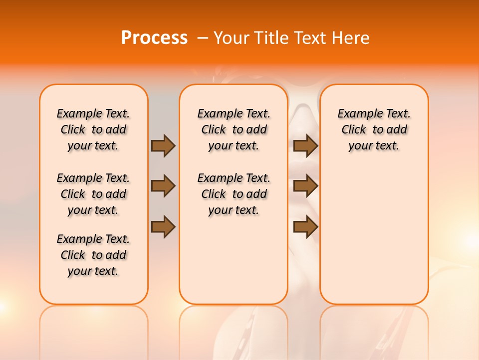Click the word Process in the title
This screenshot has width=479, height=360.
(154, 37)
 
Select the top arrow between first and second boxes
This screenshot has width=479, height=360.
(163, 145)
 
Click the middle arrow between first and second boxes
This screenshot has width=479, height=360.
(163, 186)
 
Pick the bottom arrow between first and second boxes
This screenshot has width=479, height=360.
(163, 227)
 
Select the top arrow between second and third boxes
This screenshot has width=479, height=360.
(305, 145)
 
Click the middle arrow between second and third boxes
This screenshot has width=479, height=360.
(305, 186)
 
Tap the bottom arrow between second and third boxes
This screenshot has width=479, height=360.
(305, 227)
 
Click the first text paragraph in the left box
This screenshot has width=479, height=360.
(93, 129)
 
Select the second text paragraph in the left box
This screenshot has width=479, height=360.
(93, 194)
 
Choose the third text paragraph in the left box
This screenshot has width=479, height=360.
(93, 255)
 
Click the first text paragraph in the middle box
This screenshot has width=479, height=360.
(234, 129)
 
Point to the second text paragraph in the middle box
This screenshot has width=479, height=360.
(234, 194)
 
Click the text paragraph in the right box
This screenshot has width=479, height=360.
(374, 129)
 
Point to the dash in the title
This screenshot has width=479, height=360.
(203, 38)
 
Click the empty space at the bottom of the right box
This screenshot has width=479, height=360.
(374, 250)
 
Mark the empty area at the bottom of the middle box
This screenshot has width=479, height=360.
(234, 265)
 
